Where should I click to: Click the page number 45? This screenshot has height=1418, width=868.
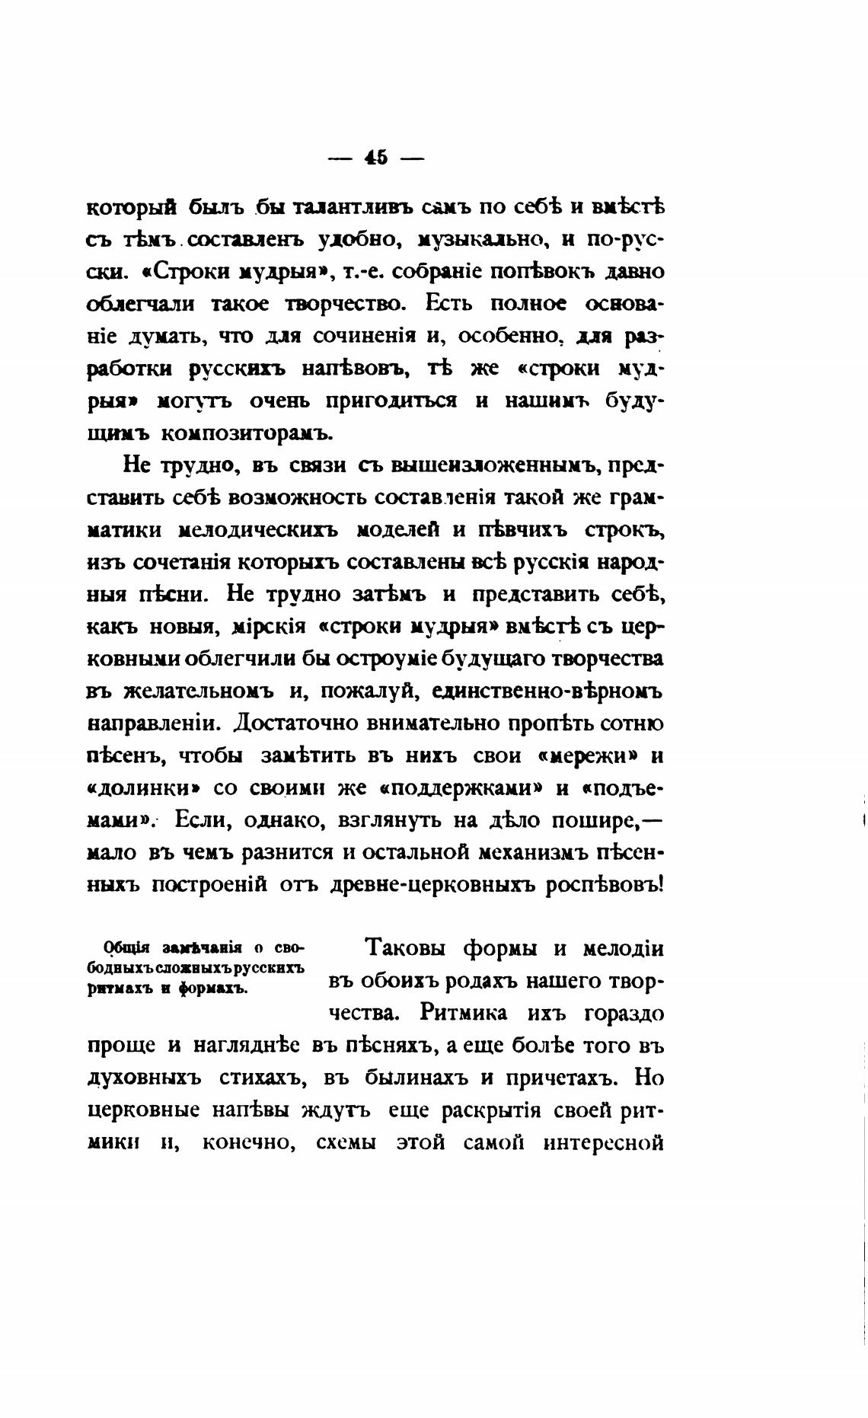375,158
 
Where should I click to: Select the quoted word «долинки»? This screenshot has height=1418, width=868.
145,788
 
